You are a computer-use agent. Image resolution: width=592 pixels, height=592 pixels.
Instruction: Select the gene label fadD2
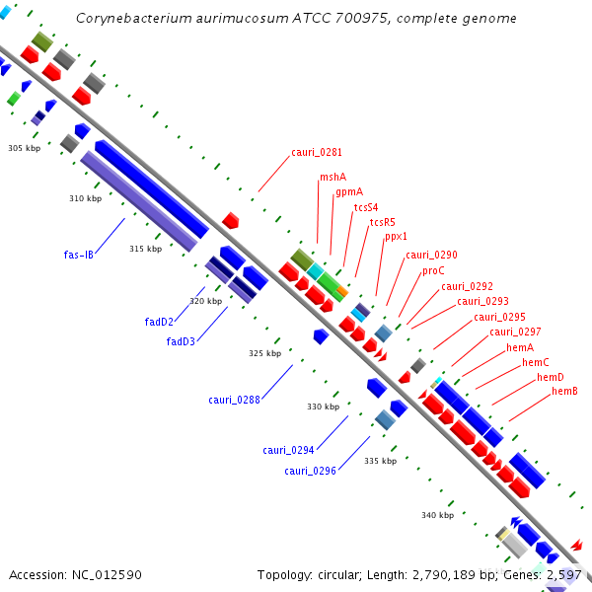(159, 322)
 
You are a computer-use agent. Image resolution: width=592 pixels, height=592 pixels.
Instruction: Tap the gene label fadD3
(181, 342)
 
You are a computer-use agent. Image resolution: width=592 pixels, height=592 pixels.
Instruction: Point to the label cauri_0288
(234, 400)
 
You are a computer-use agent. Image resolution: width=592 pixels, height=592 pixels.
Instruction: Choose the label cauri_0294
(288, 450)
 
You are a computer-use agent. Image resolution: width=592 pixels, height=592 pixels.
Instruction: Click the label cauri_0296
(311, 471)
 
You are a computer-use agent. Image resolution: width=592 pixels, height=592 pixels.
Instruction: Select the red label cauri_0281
(317, 152)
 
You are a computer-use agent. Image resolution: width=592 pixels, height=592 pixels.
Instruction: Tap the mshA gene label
(333, 178)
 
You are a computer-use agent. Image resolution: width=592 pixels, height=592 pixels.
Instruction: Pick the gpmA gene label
(348, 192)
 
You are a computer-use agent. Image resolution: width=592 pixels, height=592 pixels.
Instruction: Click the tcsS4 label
(365, 207)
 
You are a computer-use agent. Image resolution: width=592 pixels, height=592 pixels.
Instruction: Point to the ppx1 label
(396, 237)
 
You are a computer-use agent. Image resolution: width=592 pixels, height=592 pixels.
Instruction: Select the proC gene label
(433, 270)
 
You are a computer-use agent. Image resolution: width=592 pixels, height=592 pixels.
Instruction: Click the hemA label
(520, 347)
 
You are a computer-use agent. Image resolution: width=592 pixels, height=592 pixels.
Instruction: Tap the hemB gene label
(564, 392)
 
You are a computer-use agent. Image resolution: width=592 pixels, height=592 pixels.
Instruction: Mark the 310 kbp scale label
(85, 198)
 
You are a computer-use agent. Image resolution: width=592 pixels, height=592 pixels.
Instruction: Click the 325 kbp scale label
(264, 353)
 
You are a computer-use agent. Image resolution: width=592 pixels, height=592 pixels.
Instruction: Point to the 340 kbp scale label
(437, 515)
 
